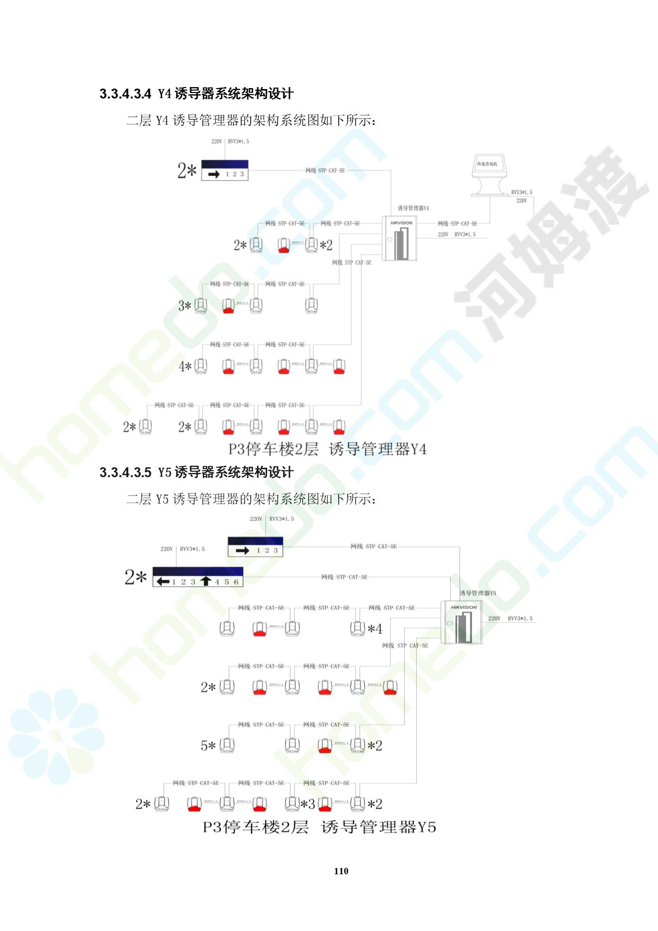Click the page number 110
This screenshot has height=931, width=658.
point(341,871)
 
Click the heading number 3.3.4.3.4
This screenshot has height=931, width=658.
point(125,94)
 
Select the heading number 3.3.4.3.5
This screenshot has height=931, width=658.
point(125,472)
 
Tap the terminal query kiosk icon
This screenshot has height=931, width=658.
point(490,175)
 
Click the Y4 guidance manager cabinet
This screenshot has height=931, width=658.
point(399,239)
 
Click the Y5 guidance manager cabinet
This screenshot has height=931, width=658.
point(461,622)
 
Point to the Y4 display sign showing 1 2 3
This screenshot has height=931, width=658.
point(225,170)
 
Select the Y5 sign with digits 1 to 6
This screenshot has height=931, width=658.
point(198,577)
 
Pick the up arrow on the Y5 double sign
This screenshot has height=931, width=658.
point(206,581)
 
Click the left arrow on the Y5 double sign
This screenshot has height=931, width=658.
point(163,581)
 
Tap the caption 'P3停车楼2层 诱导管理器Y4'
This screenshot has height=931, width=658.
point(327,449)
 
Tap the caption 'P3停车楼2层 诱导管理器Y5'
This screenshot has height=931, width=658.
point(319,828)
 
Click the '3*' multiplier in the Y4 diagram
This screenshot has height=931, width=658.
point(185,306)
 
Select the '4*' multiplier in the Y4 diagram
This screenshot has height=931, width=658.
point(185,367)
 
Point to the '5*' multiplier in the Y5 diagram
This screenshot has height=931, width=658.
point(208,746)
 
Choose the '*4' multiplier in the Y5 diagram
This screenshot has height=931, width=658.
point(375,629)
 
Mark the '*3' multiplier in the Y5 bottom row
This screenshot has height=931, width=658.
point(307,804)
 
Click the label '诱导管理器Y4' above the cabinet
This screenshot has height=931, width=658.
point(413,208)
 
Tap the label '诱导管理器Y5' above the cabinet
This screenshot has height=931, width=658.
point(477,593)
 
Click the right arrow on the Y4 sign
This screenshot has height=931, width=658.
point(214,174)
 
